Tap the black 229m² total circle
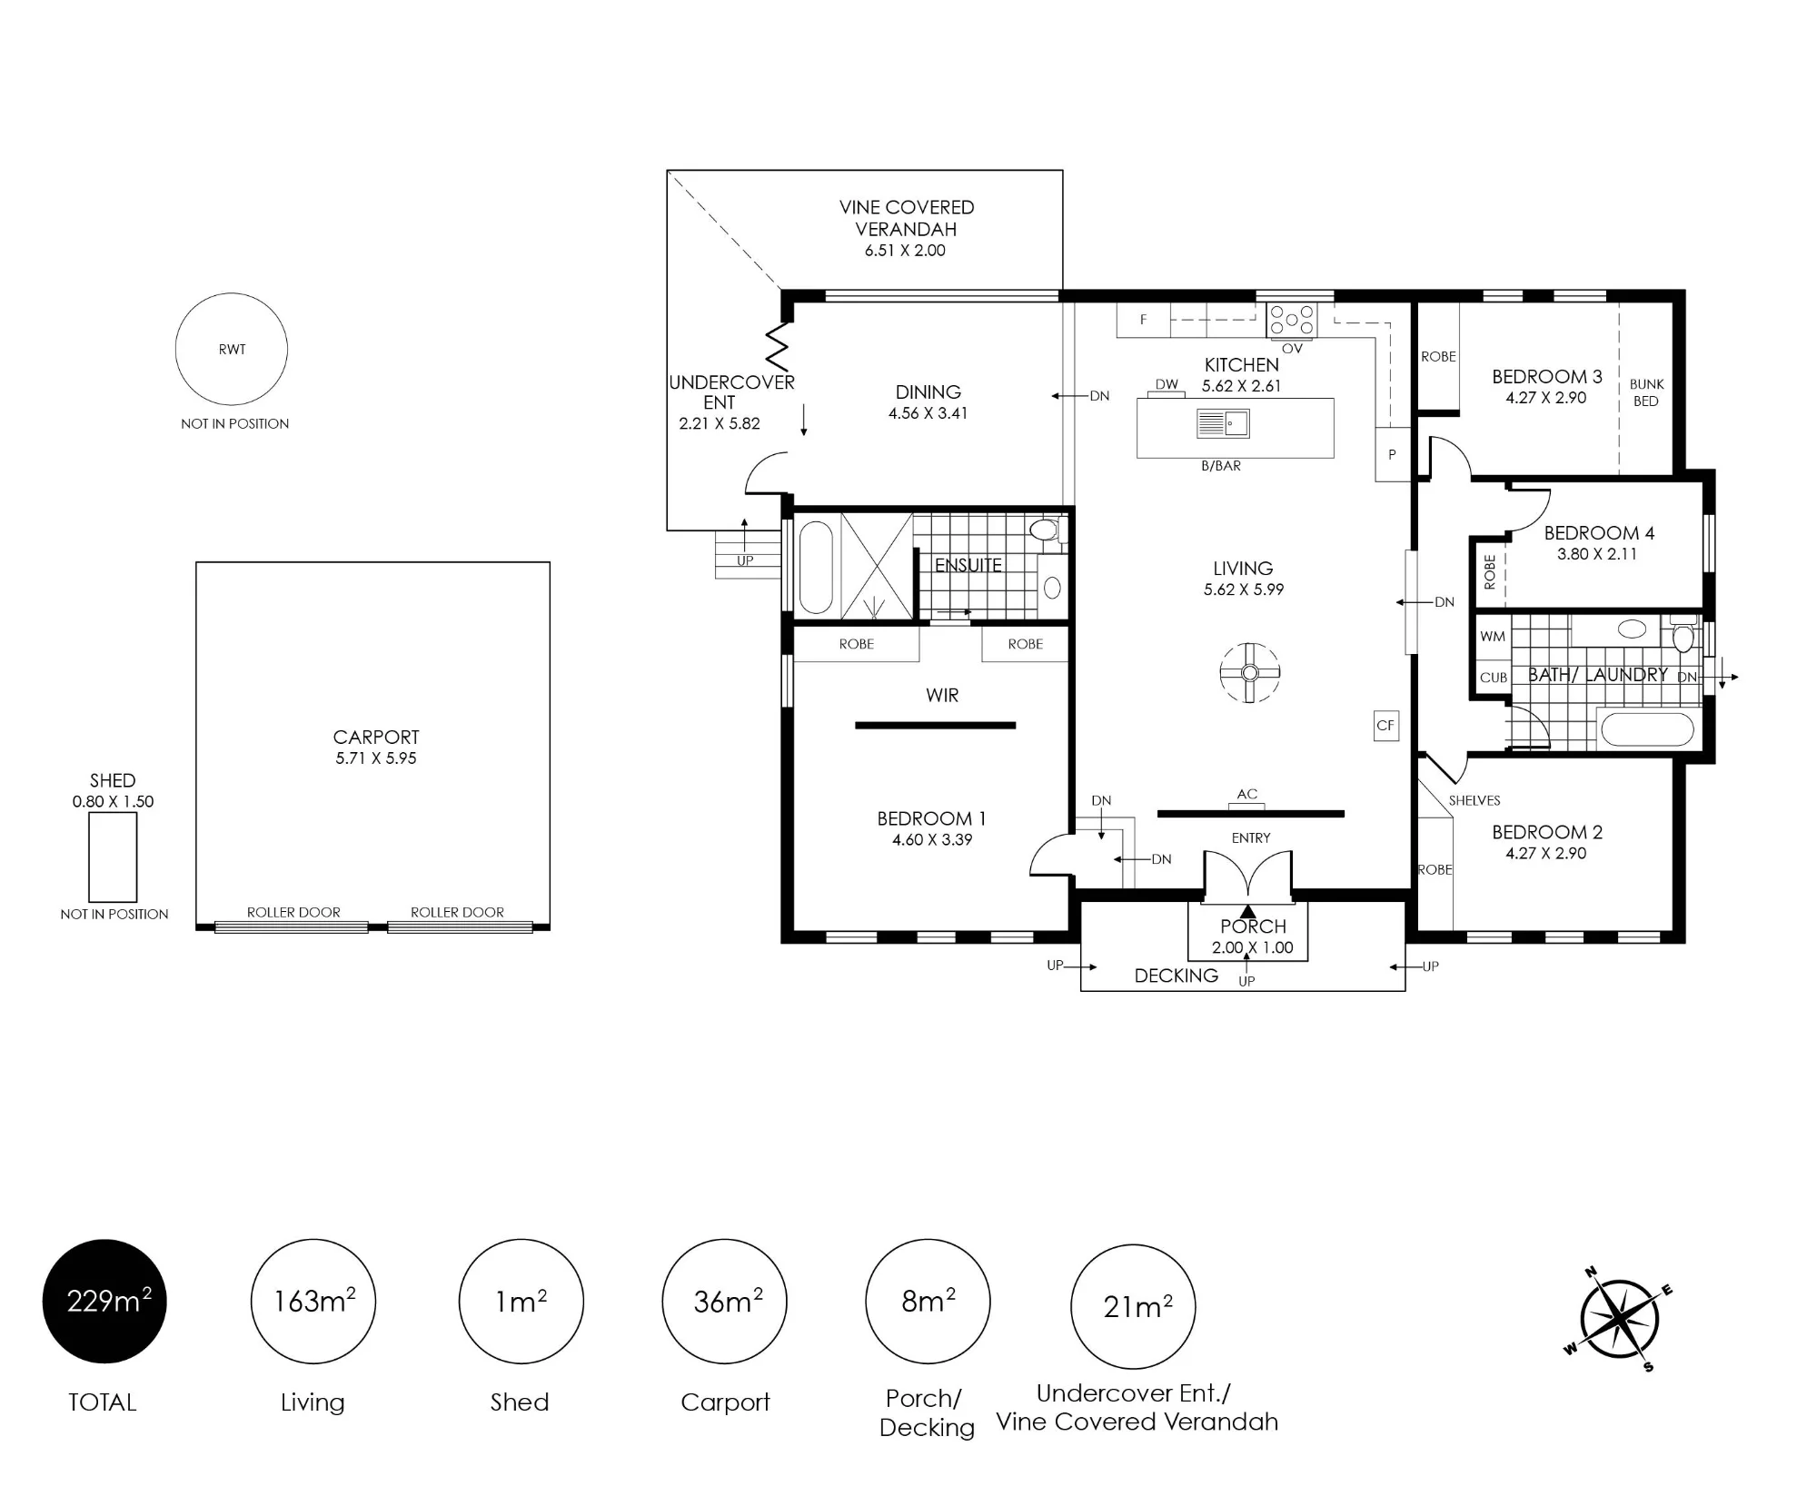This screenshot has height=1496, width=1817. pos(104,1301)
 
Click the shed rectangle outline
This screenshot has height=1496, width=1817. pos(89,857)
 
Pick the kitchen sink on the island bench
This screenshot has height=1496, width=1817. pos(1223,423)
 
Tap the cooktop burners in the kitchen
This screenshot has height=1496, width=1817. pos(1292,320)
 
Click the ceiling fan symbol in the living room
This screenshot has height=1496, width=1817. pos(1250,672)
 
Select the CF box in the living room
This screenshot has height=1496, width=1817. pos(1385,725)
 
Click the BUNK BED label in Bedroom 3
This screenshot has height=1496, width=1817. pos(1646,392)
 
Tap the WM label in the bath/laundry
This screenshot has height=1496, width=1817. pos(1493,637)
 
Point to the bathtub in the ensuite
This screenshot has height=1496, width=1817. pos(815,567)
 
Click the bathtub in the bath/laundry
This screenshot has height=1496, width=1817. pos(1646,730)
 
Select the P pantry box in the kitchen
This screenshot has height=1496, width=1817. pos(1392,454)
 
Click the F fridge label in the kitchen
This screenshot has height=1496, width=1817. pos(1143,320)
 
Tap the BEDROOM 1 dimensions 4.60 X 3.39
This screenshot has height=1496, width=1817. pos(932,840)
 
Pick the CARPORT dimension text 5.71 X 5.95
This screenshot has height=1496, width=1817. pos(376,758)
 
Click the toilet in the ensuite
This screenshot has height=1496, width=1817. pos(1048,530)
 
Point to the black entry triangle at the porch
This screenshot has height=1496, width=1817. pos(1248,911)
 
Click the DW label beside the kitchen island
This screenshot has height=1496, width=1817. pos(1167,384)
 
